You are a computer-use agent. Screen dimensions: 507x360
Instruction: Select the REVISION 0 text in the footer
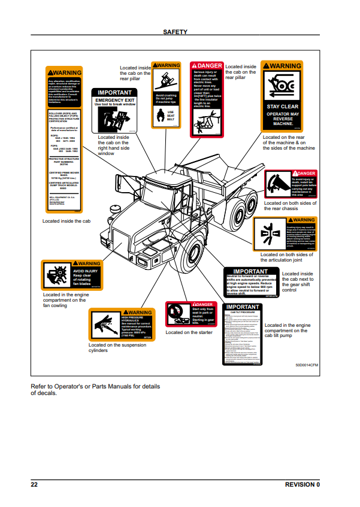302,484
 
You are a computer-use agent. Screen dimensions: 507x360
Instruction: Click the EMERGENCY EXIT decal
114,111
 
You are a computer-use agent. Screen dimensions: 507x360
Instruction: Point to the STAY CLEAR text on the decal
282,106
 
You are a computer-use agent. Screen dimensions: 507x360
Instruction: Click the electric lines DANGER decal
206,98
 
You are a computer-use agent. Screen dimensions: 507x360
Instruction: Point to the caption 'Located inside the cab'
66,221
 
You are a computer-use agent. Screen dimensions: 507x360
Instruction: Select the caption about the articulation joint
286,257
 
